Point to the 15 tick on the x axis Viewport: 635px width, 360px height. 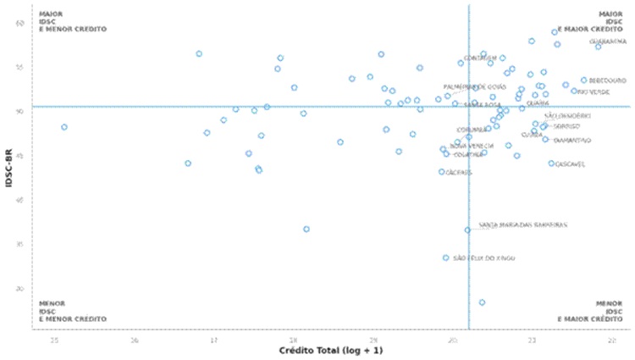pos(54,340)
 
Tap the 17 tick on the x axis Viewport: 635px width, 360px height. pos(213,340)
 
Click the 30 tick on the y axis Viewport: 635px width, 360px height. pos(20,289)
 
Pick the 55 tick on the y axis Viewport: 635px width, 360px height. pos(20,67)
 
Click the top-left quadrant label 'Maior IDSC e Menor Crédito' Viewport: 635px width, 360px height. pos(72,21)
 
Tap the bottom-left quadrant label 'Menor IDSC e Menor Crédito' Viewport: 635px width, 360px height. pos(72,311)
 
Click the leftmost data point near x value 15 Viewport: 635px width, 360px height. pos(64,127)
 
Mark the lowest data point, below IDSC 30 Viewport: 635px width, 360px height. pos(482,302)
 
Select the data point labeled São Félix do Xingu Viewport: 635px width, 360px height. pos(446,258)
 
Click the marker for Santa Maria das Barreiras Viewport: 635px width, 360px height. pos(467,230)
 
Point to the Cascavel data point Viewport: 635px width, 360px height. pos(551,163)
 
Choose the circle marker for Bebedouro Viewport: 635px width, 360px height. pos(583,80)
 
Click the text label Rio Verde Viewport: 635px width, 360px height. pos(593,91)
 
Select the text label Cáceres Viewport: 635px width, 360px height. pos(459,172)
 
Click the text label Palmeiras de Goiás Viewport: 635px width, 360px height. pos(475,86)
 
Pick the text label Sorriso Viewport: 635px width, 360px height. pos(566,126)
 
